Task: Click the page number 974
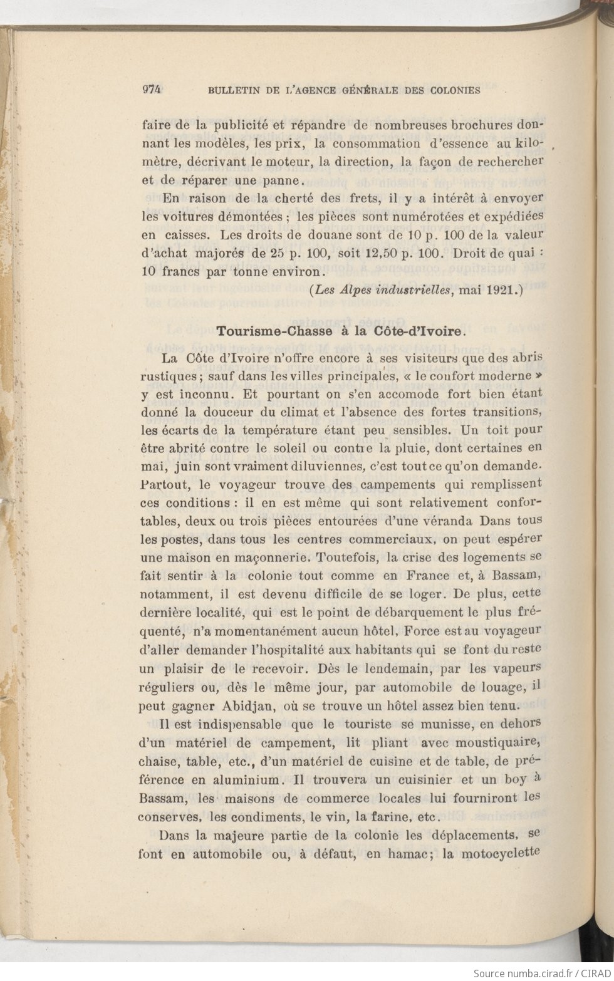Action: click(x=152, y=89)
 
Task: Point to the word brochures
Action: click(x=483, y=125)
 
